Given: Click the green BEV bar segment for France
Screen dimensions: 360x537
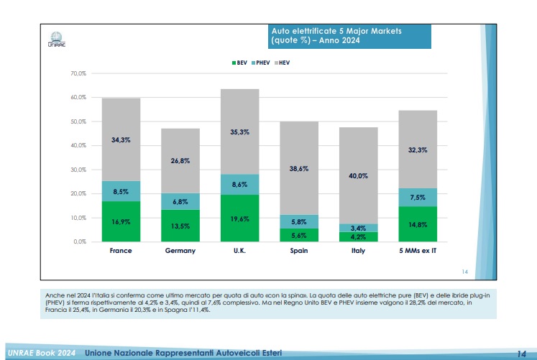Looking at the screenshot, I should coord(120,221).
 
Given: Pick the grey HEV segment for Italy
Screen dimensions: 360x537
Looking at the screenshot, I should coord(358,175).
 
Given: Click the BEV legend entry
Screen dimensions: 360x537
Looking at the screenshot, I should coord(239,63).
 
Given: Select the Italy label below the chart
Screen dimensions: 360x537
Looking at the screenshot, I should coord(358,251).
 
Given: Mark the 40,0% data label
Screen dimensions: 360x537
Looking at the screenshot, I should coord(358,175).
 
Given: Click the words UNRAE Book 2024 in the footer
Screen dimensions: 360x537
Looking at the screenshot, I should coord(42,353).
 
